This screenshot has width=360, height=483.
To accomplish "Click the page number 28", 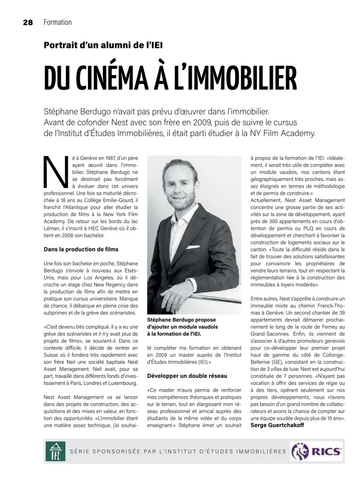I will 26,22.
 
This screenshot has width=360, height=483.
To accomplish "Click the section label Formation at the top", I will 57,22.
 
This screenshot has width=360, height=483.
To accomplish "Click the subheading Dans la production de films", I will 81,249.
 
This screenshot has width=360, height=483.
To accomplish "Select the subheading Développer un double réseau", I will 187,376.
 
